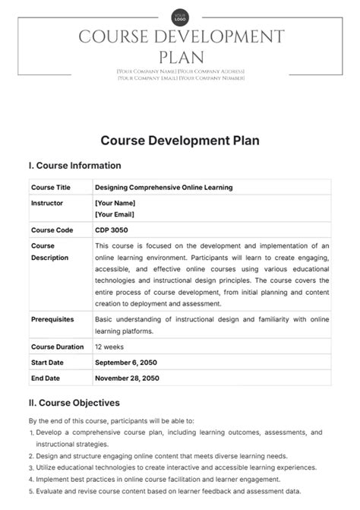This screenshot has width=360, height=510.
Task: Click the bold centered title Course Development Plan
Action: [x=179, y=141]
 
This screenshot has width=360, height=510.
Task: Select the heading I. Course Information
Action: [x=74, y=166]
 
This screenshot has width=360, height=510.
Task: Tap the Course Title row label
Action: [x=51, y=187]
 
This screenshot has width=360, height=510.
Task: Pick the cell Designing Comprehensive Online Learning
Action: [x=163, y=187]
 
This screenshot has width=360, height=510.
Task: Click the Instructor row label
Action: [x=47, y=204]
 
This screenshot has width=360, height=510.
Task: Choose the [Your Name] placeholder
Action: [x=115, y=204]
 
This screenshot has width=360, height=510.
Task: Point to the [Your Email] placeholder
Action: [x=115, y=215]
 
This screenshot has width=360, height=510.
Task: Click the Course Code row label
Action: [x=52, y=230]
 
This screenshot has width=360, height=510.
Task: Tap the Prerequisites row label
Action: [x=52, y=319]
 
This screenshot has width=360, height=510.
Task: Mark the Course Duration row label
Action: [x=57, y=346]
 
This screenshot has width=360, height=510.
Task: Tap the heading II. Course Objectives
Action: [x=74, y=403]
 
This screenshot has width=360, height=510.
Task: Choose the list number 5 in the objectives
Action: [x=31, y=492]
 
